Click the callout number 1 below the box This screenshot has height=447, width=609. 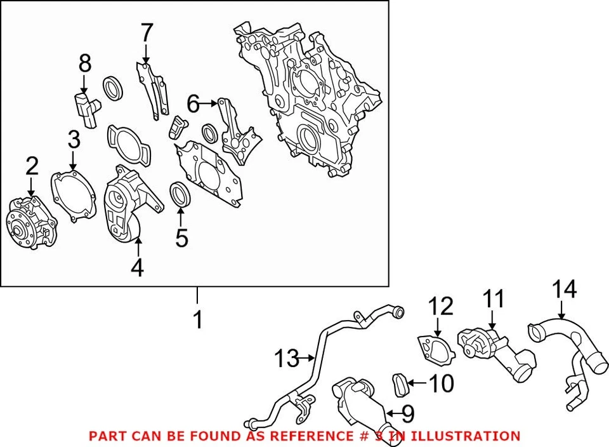[198, 319]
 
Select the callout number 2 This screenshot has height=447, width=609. [32, 166]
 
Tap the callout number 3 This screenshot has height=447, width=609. [74, 139]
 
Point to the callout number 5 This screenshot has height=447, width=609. [181, 237]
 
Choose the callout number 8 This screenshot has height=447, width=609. [84, 63]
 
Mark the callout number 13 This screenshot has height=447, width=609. [287, 359]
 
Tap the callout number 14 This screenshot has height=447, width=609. [564, 290]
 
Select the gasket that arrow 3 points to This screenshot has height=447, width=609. [74, 194]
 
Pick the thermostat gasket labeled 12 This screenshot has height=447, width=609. [435, 349]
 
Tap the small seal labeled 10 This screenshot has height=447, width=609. [400, 384]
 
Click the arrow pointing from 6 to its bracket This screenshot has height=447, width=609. [209, 102]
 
